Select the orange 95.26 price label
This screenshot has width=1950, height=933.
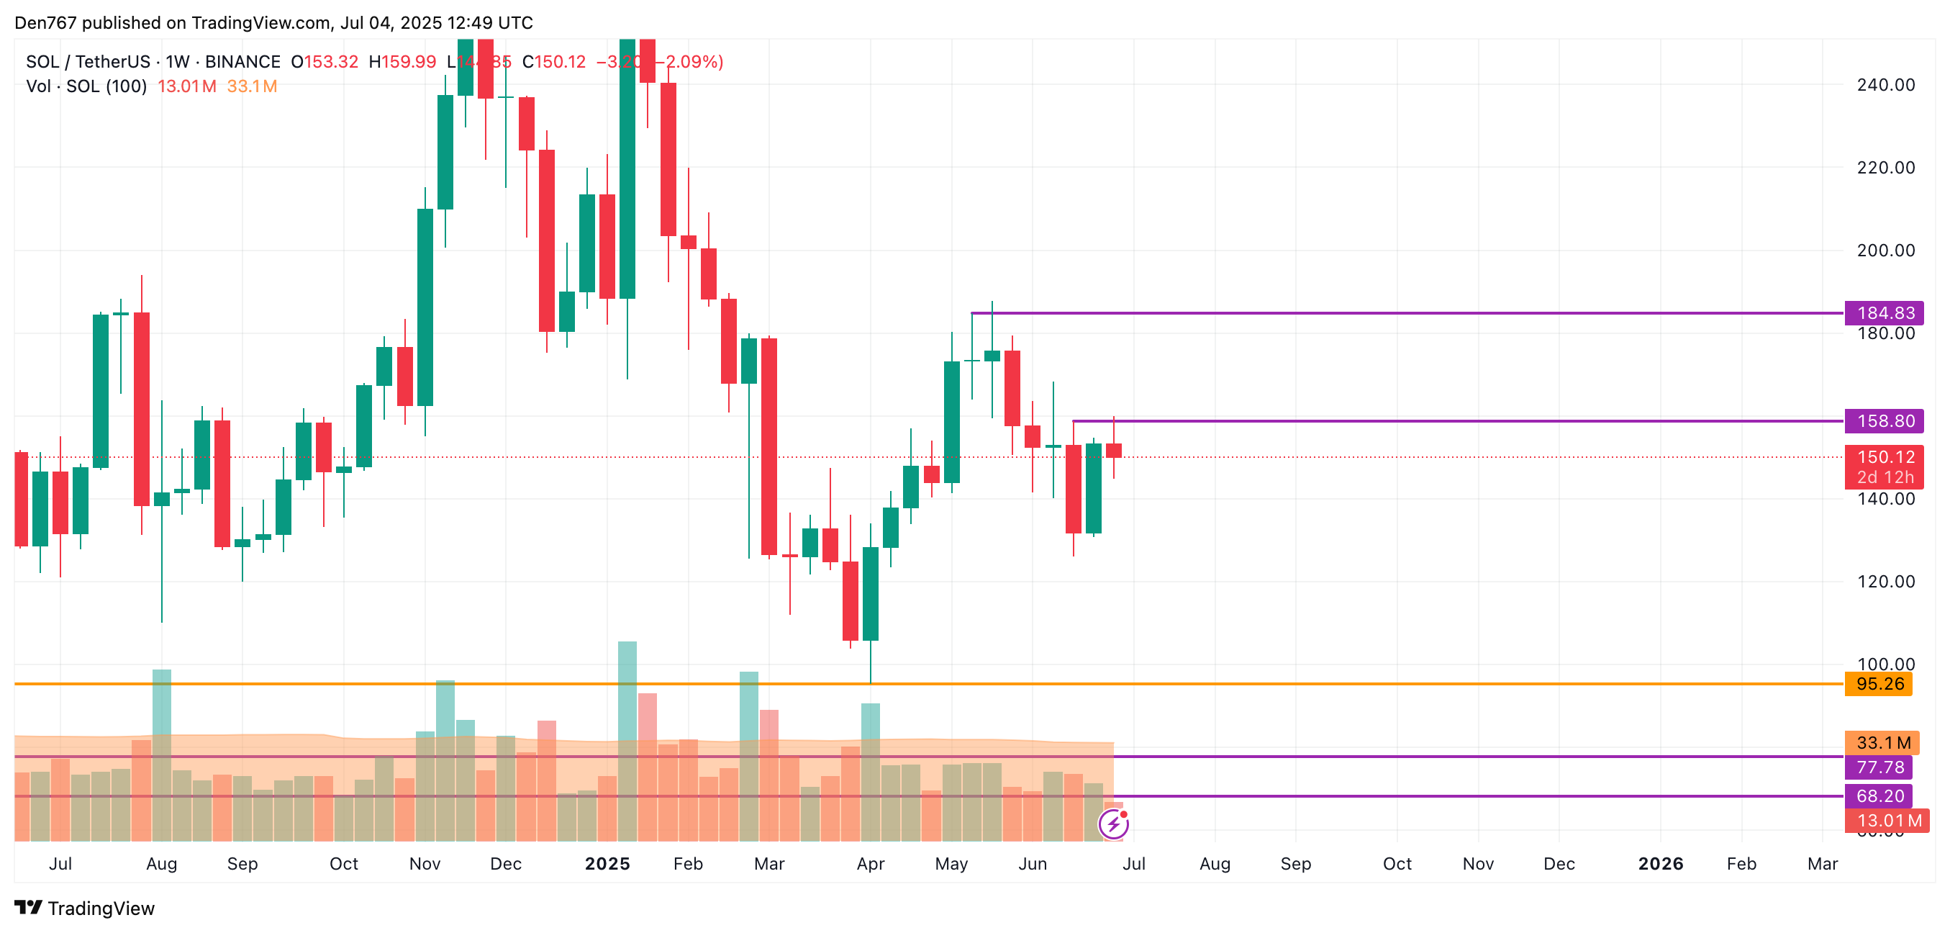(1879, 684)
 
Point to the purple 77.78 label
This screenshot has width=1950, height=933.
(1879, 767)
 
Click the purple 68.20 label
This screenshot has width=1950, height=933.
(1879, 796)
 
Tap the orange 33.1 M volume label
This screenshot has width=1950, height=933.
(1882, 743)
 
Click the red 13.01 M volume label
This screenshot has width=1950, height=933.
(1887, 820)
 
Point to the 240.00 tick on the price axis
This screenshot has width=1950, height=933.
(1885, 85)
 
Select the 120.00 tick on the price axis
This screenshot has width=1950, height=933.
(1885, 582)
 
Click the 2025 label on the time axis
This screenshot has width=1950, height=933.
(607, 864)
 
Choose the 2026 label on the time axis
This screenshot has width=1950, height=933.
(1660, 864)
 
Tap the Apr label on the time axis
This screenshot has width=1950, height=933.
(871, 864)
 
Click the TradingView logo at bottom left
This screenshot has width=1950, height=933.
(85, 908)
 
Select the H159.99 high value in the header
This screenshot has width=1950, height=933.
(402, 62)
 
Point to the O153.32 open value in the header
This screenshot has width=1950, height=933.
(324, 62)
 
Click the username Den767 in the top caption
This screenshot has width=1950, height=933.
(45, 23)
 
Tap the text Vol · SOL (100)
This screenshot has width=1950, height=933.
(86, 86)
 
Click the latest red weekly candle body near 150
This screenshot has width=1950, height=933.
(1114, 451)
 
